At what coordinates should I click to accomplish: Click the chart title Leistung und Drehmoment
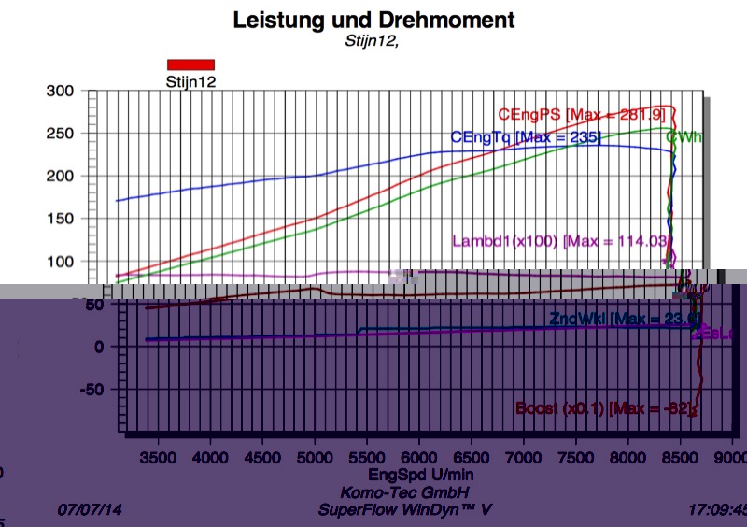[x=373, y=19]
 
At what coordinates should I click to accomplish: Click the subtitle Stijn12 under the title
[x=373, y=39]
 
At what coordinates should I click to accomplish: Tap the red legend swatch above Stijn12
[x=190, y=64]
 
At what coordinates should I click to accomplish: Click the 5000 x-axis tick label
[x=317, y=457]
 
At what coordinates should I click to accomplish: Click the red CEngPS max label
[x=580, y=115]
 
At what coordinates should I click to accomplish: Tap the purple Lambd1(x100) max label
[x=560, y=240]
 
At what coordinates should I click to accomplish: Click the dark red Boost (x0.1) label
[x=607, y=408]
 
